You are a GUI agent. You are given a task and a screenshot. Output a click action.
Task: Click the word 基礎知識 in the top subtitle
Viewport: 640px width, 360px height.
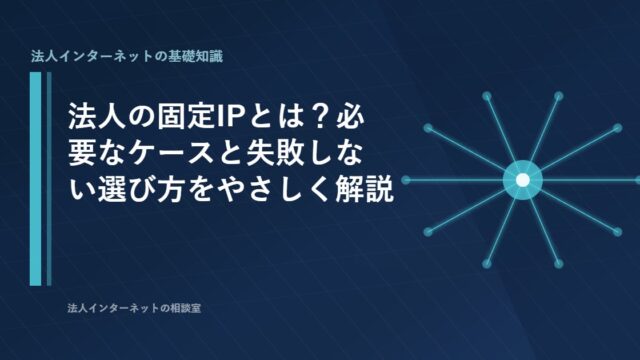[x=196, y=56]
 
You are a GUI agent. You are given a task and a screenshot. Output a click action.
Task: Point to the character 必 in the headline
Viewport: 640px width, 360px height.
[x=350, y=116]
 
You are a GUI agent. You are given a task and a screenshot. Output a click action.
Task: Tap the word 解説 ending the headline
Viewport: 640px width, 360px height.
[x=364, y=188]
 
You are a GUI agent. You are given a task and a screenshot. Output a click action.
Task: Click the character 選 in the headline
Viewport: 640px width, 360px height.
[x=112, y=188]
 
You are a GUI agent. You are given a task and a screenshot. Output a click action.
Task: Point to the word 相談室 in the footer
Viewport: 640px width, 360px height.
[x=186, y=308]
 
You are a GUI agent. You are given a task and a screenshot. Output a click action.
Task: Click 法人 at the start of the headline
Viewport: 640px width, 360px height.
[x=97, y=116]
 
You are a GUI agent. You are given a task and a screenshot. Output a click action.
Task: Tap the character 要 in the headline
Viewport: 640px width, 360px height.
[x=82, y=152]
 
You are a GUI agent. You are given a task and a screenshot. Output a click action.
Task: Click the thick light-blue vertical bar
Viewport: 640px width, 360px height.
[x=36, y=179]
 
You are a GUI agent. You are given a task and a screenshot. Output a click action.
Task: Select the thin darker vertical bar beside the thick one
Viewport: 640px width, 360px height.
[x=49, y=179]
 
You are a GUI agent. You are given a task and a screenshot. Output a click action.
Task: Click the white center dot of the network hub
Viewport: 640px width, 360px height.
[x=523, y=180]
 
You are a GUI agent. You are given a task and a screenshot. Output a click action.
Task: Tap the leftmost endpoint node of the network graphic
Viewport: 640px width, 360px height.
[x=406, y=180]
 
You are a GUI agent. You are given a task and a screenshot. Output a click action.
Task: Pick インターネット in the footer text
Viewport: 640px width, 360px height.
[x=124, y=308]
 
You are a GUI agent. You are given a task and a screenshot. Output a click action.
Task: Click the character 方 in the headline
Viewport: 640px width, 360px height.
[x=172, y=188]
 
